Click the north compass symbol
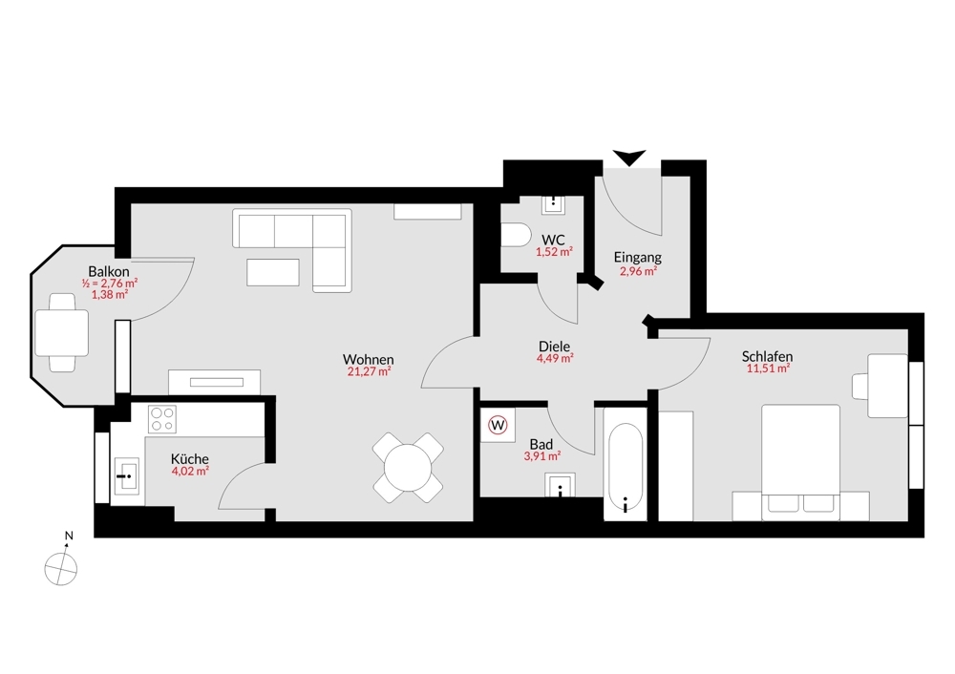61,566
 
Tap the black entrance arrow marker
629,158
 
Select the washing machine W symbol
498,425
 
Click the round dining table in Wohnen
408,468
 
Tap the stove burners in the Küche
162,419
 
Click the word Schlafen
767,356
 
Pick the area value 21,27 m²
369,372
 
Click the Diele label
554,347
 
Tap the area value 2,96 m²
637,271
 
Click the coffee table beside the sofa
273,272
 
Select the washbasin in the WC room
554,204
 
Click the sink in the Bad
560,486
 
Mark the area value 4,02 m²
189,471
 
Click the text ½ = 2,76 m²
110,283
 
